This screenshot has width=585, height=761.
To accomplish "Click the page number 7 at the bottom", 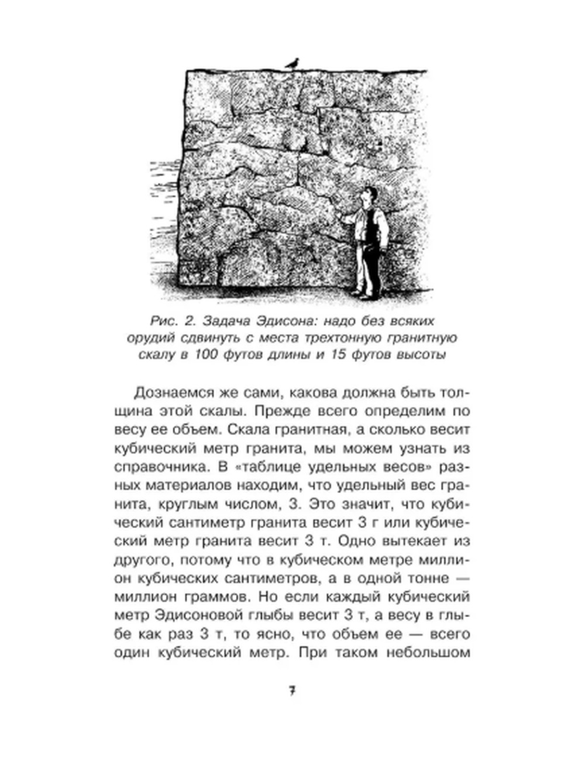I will coord(292,691).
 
